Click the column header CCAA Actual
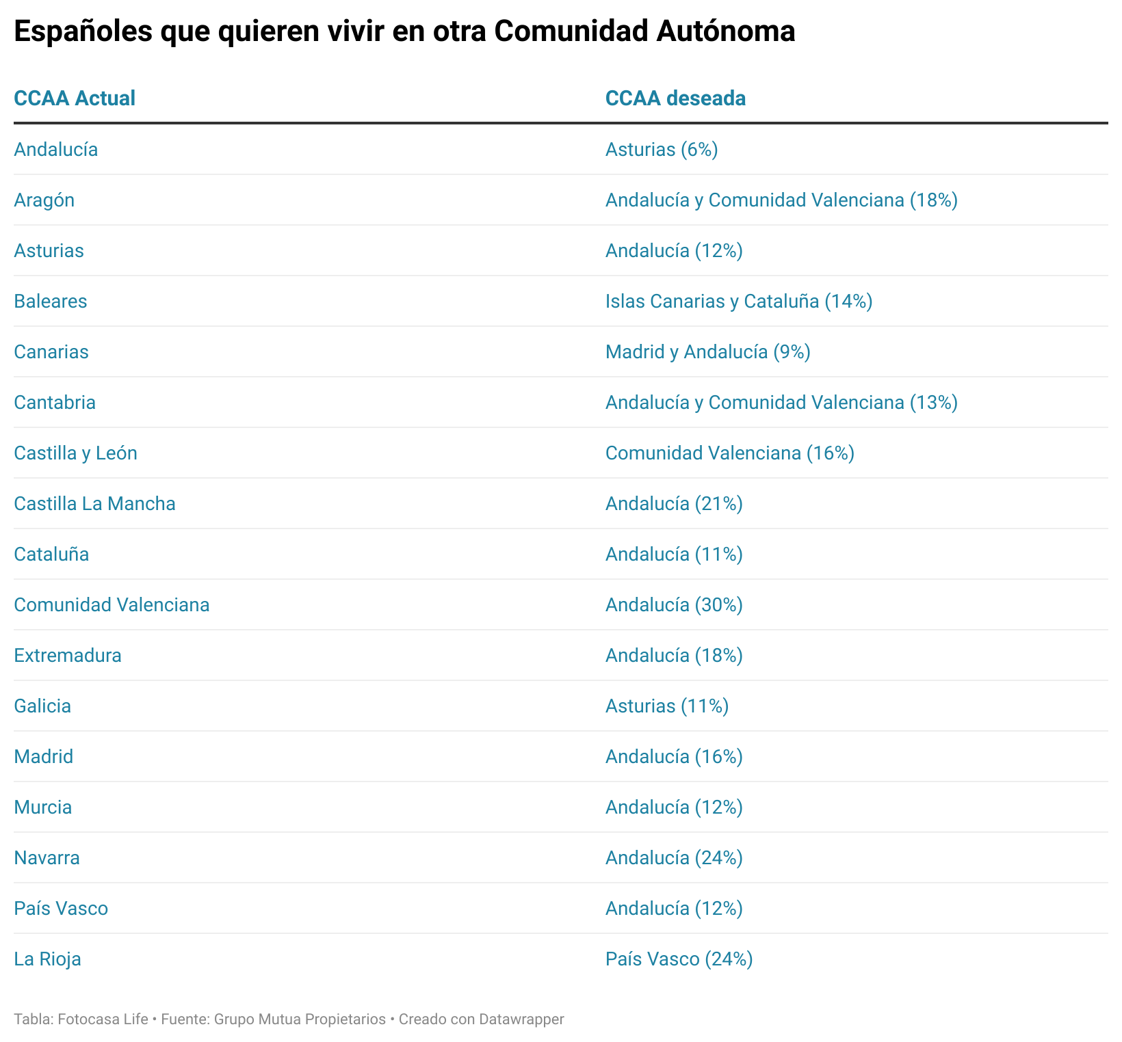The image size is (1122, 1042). [75, 98]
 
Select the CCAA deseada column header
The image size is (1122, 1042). [675, 98]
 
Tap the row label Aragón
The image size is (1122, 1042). [44, 200]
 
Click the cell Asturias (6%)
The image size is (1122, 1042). [662, 150]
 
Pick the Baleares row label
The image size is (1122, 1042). [51, 302]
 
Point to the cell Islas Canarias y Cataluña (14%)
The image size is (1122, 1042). [739, 302]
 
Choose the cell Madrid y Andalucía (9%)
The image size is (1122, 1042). [708, 352]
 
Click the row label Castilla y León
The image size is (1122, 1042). [75, 453]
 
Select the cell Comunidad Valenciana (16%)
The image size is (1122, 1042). [730, 453]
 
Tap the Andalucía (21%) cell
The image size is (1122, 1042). [674, 504]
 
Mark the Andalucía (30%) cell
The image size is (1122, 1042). [674, 605]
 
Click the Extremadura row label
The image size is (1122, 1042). [68, 656]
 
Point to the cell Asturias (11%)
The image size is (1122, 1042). [667, 706]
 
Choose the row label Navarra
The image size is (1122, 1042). [47, 858]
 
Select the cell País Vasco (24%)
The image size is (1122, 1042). [679, 959]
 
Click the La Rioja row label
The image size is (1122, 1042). [47, 959]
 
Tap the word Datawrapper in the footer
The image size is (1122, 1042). [521, 1019]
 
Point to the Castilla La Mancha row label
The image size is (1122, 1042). [94, 504]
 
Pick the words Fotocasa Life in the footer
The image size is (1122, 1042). [103, 1019]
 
